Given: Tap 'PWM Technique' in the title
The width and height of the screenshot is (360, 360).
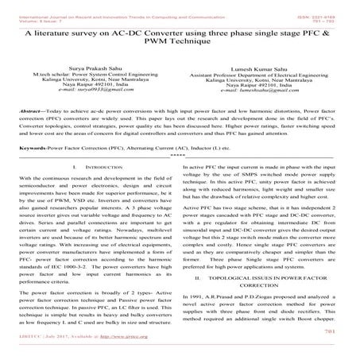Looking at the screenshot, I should click(180, 48).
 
